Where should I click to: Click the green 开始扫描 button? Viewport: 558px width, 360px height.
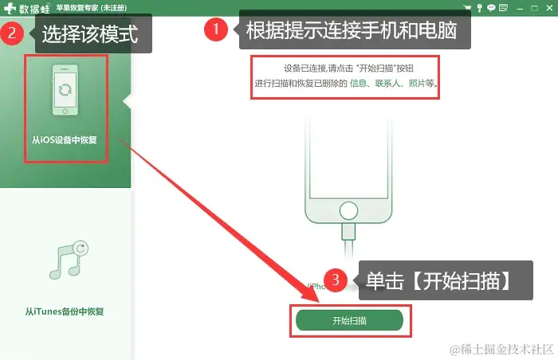coord(349,320)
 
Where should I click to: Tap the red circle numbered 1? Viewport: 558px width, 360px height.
coord(216,29)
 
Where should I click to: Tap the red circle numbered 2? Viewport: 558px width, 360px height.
coord(12,33)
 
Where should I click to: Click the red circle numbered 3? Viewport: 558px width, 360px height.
coord(336,280)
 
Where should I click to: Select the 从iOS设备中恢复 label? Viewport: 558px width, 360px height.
coord(65,140)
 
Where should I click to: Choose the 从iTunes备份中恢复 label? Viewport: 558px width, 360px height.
coord(65,311)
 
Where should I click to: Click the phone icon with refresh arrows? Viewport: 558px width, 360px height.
coord(65,90)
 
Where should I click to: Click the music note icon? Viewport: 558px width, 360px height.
coord(69,260)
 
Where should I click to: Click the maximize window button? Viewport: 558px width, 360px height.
coord(534,8)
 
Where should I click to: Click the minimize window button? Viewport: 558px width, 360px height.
coord(520,8)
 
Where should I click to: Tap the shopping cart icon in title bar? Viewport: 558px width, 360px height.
coord(468,7)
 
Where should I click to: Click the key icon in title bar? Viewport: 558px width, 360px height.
coord(480,8)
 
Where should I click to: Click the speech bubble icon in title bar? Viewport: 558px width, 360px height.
coord(491,7)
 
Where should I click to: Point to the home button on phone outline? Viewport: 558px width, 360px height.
coord(348,210)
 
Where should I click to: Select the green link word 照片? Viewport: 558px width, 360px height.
coord(417,84)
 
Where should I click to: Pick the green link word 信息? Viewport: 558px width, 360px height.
coord(358,84)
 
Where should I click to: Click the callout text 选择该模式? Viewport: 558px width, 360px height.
coord(90,34)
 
